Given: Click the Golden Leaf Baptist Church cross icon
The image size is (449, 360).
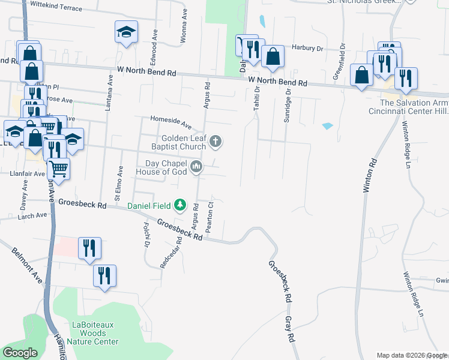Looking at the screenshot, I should (215, 142).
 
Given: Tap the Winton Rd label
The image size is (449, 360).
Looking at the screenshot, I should (369, 175).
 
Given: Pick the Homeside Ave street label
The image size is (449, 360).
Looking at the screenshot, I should (170, 122).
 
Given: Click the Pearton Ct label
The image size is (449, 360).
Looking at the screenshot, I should (209, 217).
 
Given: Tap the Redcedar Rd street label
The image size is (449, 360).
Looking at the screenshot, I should (173, 255).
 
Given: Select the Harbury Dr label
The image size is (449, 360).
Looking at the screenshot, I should (307, 48).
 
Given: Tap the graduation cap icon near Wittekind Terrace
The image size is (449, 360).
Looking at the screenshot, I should (127, 32).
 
